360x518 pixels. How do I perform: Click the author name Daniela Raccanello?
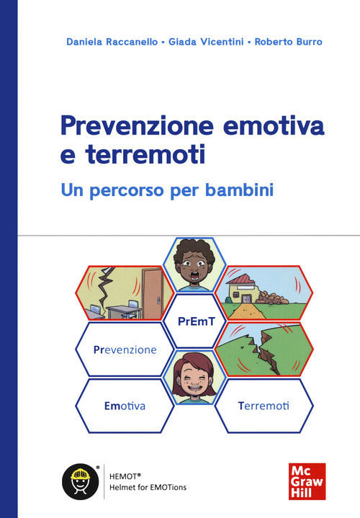(112, 42)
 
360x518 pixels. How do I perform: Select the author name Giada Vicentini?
(206, 42)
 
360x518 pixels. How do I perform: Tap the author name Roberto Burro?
(286, 42)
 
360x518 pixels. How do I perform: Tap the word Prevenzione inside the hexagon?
(125, 349)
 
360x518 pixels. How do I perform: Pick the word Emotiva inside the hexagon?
(124, 406)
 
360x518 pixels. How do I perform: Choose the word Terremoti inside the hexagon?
(263, 406)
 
